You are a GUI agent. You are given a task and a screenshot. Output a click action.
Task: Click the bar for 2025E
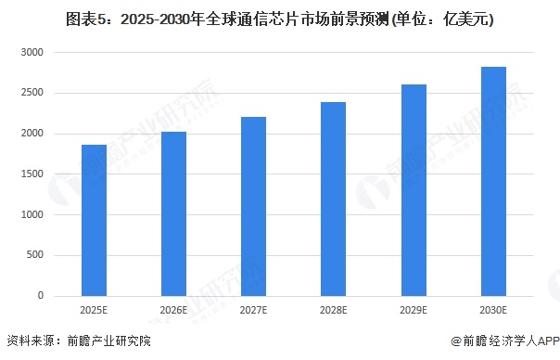[x=94, y=221]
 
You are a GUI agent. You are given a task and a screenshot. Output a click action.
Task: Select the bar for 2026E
[x=173, y=214]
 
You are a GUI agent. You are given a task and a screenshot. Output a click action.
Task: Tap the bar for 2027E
[x=253, y=207]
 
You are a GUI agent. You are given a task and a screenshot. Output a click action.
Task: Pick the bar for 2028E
[x=333, y=199]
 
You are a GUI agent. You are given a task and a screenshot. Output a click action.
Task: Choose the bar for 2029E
[x=413, y=190]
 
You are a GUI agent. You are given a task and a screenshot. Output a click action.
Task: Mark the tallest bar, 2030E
[x=492, y=182]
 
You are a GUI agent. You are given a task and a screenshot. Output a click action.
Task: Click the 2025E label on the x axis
[x=94, y=310]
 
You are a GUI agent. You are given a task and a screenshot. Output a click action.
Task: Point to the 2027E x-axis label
[x=253, y=310]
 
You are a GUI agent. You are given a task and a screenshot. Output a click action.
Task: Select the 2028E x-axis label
[x=333, y=310]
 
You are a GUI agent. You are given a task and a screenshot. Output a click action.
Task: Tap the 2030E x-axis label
[x=492, y=310]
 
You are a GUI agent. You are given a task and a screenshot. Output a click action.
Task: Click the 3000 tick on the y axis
[x=33, y=53]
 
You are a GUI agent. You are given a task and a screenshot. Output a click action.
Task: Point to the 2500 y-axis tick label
[x=33, y=94]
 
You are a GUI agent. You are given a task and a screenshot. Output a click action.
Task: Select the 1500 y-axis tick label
[x=33, y=174]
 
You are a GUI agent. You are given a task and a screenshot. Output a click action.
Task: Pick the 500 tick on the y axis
[x=37, y=255]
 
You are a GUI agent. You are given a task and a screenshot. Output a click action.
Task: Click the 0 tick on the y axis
[x=42, y=296]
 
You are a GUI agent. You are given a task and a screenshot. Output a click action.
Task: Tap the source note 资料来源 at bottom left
[x=78, y=341]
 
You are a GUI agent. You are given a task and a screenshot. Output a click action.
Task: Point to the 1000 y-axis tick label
[x=33, y=215]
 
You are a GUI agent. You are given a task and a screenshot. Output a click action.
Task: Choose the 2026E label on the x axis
[x=173, y=310]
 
